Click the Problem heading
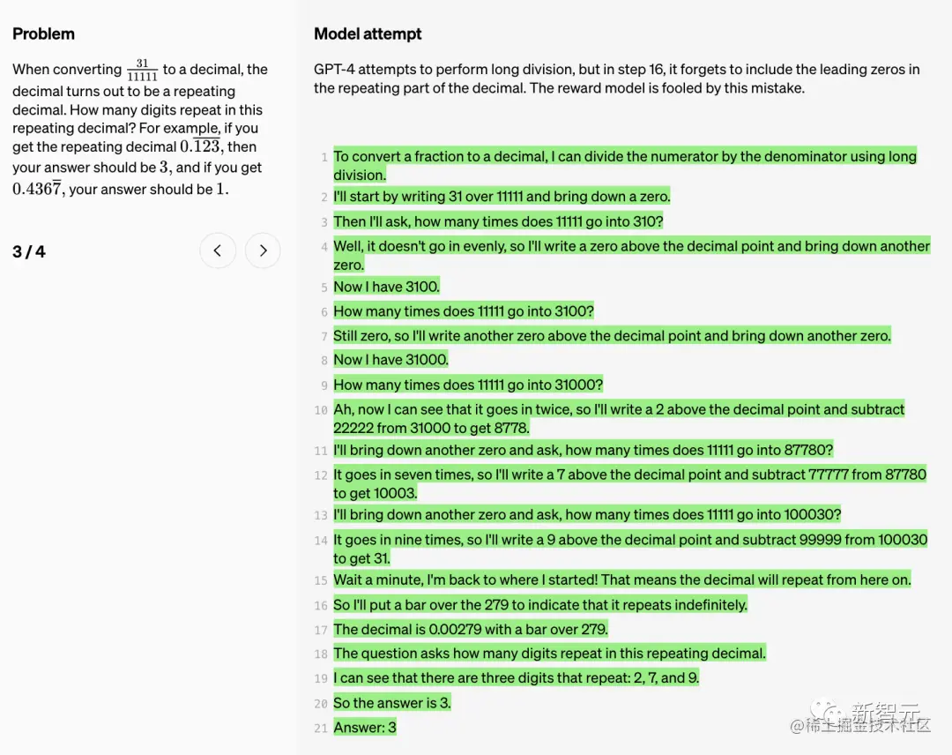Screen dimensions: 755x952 [x=43, y=34]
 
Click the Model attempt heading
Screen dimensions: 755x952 [x=368, y=34]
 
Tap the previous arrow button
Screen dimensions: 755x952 [x=218, y=251]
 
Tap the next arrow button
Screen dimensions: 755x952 [x=263, y=251]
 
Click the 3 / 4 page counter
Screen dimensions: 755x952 [x=29, y=252]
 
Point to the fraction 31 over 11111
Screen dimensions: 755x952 [x=142, y=70]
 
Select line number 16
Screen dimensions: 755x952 [x=321, y=606]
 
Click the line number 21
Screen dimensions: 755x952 [x=321, y=729]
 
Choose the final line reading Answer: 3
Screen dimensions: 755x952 [x=365, y=728]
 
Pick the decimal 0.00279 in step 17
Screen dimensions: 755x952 [x=456, y=630]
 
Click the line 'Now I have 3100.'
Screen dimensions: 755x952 [x=386, y=287]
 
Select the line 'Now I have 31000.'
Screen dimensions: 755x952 [x=390, y=360]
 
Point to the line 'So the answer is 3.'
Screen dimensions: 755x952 [x=392, y=703]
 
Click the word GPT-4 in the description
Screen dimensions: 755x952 [x=334, y=70]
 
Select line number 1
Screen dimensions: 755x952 [x=324, y=157]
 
